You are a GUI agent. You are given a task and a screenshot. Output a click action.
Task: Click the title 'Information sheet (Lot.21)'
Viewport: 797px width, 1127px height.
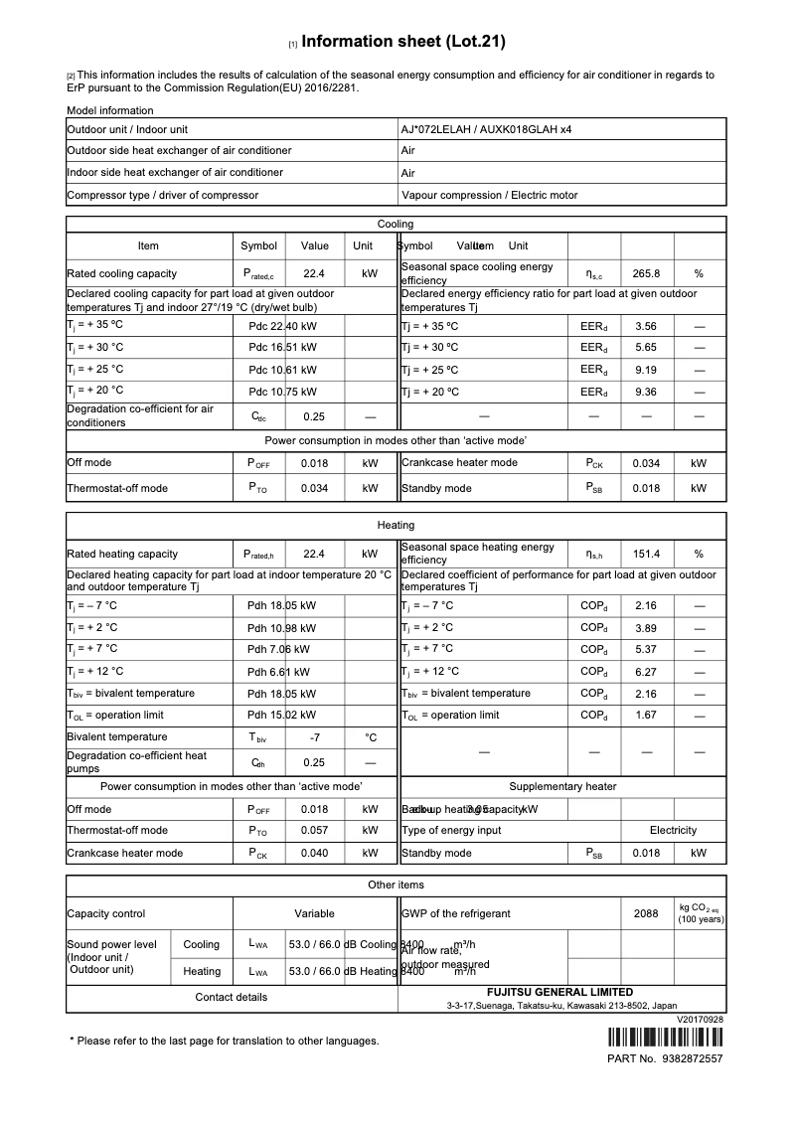(402, 42)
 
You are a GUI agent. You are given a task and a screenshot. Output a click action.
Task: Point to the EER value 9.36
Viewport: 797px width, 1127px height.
(646, 392)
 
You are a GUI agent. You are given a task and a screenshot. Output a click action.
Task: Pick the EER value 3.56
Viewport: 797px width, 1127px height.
(646, 326)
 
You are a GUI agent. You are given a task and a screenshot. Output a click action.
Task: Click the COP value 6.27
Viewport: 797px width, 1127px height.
(646, 672)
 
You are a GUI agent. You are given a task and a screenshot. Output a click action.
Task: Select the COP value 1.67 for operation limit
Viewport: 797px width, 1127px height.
(646, 716)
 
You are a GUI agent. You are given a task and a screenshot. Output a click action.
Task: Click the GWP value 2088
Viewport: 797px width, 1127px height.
(646, 913)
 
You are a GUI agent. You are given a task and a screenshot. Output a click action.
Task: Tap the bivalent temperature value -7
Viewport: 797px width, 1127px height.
(315, 737)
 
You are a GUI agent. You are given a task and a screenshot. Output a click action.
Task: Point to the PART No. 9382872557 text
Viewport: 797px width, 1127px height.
(665, 1059)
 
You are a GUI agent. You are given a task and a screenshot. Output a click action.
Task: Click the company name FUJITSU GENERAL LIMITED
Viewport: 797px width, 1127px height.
(559, 992)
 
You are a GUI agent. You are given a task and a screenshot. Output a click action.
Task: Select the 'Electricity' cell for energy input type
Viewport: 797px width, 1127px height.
(673, 830)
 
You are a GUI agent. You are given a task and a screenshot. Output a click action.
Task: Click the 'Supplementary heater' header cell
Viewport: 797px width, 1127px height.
(562, 786)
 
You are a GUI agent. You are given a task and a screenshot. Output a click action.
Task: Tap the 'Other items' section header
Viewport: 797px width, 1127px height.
(397, 884)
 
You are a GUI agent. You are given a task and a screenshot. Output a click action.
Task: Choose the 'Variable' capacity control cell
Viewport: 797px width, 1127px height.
(314, 913)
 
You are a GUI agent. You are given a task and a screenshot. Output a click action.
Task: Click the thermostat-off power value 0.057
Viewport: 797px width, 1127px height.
(315, 830)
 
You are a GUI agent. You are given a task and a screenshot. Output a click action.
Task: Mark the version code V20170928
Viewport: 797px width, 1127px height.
(700, 1020)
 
